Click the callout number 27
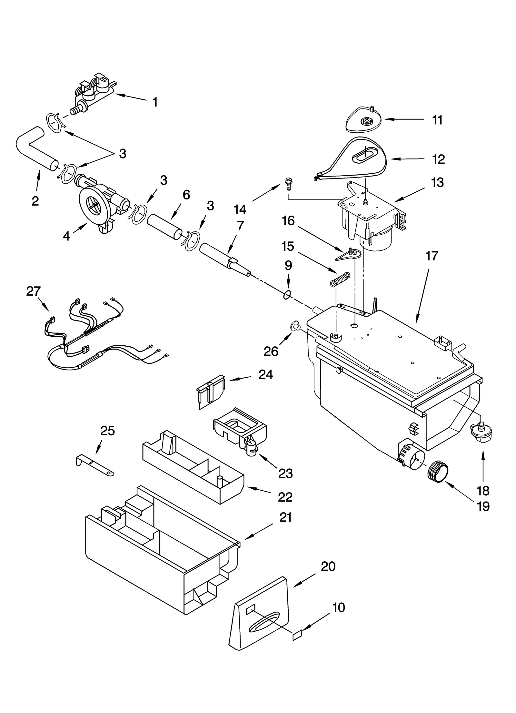click(x=33, y=291)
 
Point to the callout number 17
click(x=432, y=256)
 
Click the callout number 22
click(x=285, y=497)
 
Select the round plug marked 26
click(x=294, y=327)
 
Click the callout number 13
click(x=437, y=183)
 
